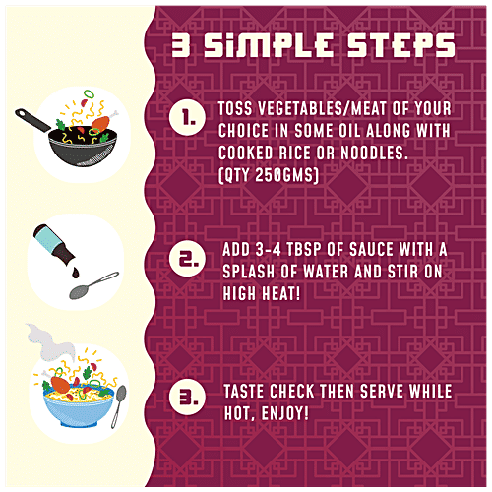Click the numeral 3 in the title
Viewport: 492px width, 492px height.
pos(181,45)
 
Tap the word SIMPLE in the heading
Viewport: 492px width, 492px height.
pos(269,45)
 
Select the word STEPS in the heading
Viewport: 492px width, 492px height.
pos(400,45)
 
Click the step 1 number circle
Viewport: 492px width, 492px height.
pos(188,117)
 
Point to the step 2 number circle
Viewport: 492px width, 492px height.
pos(188,258)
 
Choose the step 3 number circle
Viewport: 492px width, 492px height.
pos(188,397)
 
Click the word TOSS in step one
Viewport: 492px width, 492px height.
pos(235,108)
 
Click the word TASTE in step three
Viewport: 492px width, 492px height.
pos(244,392)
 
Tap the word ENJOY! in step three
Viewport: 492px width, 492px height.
pos(284,413)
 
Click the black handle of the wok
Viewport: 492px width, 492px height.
pos(32,120)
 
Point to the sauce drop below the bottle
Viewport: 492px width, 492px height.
pos(76,273)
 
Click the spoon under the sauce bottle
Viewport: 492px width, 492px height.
pos(93,285)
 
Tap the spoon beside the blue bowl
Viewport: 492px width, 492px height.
pos(118,406)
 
